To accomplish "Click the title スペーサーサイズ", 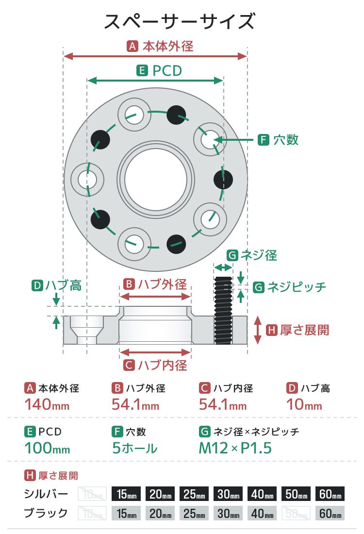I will tap(180, 21).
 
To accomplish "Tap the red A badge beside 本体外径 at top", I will tap(132, 47).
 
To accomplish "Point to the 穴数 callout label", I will tap(286, 140).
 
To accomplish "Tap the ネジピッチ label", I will tap(297, 287).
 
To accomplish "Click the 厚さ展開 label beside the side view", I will tap(304, 330).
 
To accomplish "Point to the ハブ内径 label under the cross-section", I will tap(162, 365).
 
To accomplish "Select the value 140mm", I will tap(47, 404).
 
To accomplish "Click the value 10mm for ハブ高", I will tap(304, 404).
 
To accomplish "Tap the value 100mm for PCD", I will tap(47, 448).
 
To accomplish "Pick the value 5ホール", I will tap(134, 448).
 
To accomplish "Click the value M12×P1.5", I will tap(235, 448).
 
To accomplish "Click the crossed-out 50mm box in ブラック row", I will tap(296, 513).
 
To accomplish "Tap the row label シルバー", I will tap(46, 494).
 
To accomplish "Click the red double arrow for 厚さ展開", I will tap(258, 330).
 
